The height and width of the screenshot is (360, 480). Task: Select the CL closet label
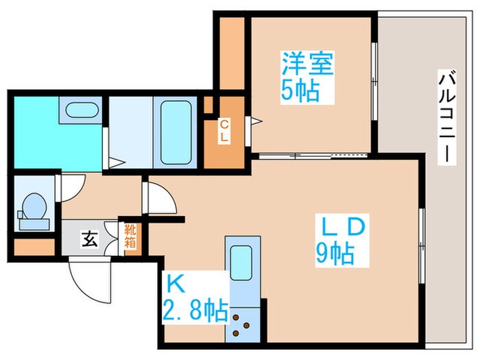click(224, 130)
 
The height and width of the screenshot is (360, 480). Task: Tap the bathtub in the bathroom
click(177, 132)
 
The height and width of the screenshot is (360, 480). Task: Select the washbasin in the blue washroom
click(80, 110)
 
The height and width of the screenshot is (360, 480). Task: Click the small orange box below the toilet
click(34, 245)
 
